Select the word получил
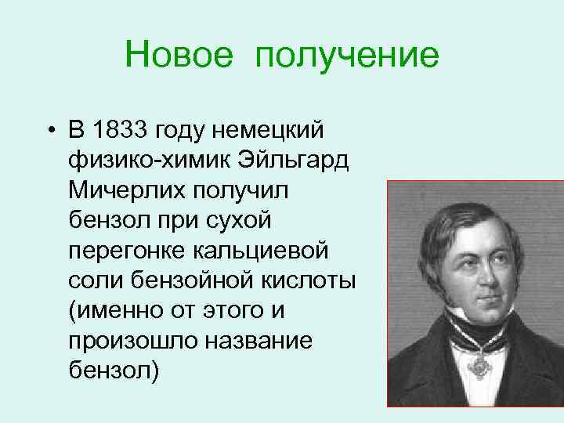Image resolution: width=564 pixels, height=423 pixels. (x=247, y=192)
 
